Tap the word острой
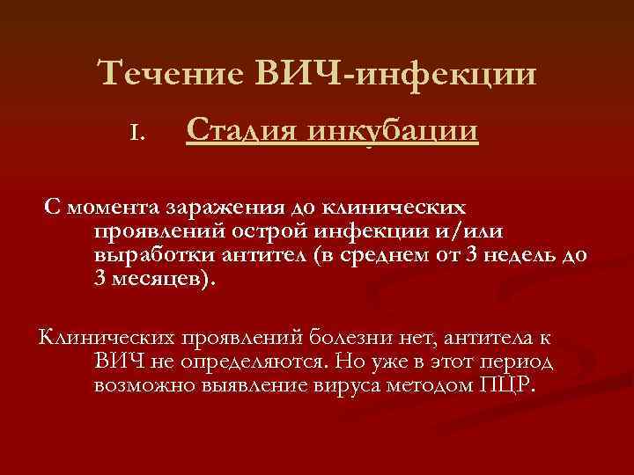pos(251,231)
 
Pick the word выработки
pos(144,255)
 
